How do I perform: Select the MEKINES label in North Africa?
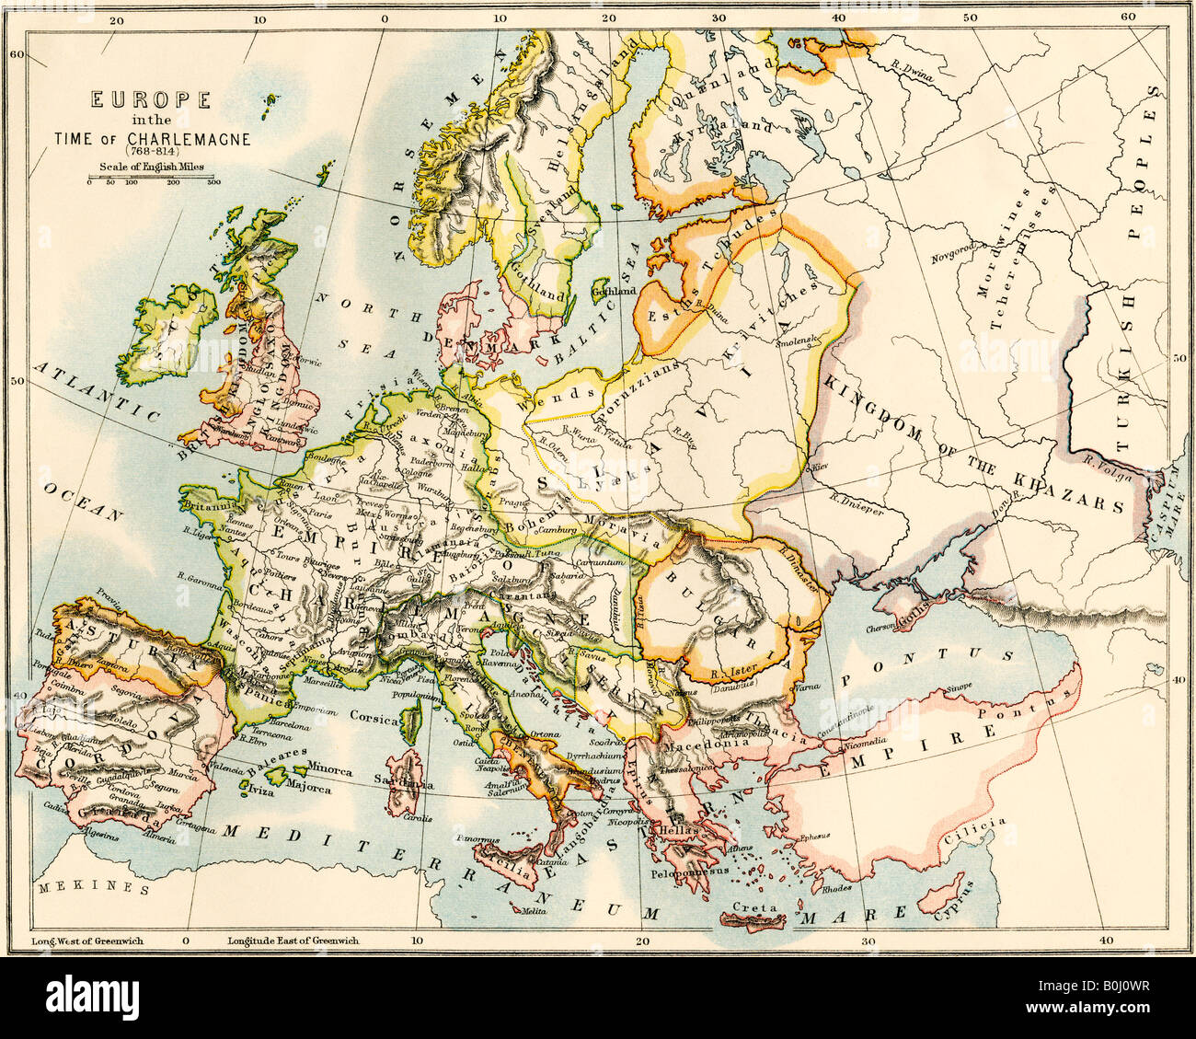[x=93, y=889]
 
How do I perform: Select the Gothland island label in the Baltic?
[x=613, y=291]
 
